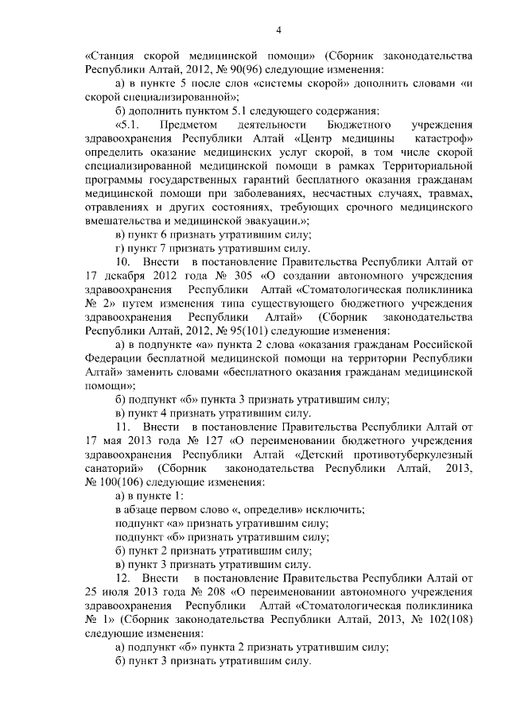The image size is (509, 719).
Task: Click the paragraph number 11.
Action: (123, 427)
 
